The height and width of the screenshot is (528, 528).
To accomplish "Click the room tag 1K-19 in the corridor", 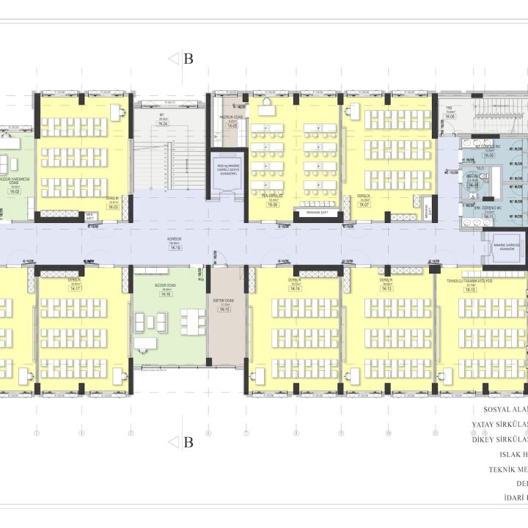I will (175, 249).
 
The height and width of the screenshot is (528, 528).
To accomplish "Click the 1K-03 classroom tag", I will (113, 208).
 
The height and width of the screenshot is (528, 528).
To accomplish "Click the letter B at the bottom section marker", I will (188, 442).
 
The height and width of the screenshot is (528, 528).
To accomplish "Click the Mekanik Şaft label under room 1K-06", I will (314, 213).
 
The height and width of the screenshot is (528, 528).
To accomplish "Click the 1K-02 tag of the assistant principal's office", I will (12, 191).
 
